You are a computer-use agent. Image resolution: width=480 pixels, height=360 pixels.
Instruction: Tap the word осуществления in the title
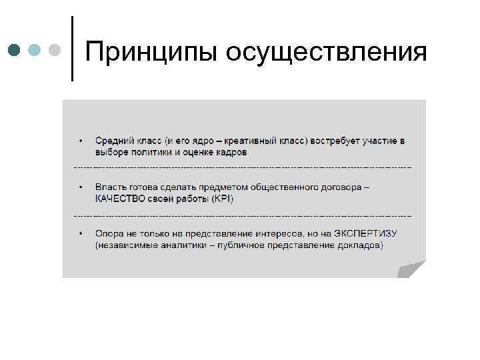[x=326, y=52]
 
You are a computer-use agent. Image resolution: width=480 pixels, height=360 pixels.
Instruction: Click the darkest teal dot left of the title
[x=15, y=50]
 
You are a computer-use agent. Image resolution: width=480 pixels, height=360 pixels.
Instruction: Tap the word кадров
[x=231, y=152]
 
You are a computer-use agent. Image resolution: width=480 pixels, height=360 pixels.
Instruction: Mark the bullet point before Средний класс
[x=81, y=141]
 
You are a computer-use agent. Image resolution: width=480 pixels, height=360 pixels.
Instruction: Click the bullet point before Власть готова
[x=81, y=187]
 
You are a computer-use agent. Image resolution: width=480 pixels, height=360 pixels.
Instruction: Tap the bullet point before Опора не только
[x=81, y=234]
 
